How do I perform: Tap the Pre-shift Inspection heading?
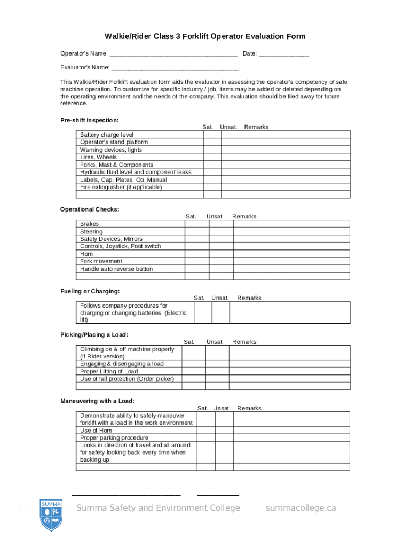click(89, 120)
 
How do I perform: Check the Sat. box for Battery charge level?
click(212, 135)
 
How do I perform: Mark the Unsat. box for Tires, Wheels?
click(231, 158)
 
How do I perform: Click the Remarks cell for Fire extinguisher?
click(295, 187)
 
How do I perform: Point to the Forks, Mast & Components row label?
click(116, 165)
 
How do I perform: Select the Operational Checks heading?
click(90, 209)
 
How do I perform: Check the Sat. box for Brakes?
click(196, 224)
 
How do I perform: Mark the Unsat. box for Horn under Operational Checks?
click(221, 254)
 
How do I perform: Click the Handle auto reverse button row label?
click(116, 269)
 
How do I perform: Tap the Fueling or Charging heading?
click(90, 291)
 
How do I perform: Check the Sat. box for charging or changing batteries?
click(202, 313)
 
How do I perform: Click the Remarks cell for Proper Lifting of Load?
click(290, 371)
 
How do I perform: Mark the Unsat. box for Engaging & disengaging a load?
click(217, 364)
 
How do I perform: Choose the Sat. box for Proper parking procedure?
click(206, 438)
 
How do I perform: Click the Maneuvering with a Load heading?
click(97, 401)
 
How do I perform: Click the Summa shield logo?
click(52, 514)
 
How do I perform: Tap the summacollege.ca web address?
click(301, 508)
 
